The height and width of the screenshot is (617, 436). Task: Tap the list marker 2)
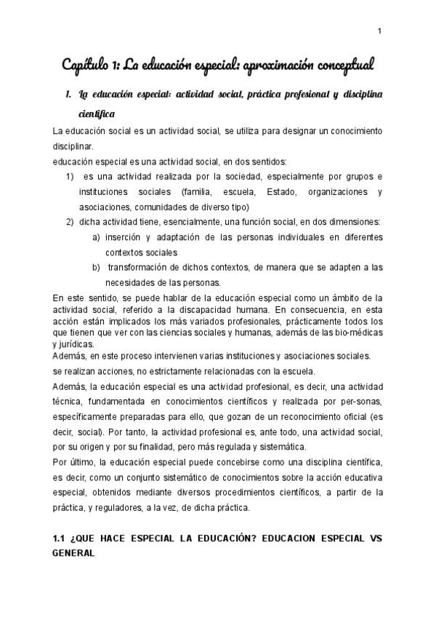click(x=70, y=222)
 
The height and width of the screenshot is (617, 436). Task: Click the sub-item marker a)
click(x=97, y=238)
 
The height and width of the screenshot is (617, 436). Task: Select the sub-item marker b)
click(x=97, y=268)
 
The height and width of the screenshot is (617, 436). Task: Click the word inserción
click(x=125, y=238)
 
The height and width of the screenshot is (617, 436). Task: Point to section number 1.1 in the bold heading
click(x=60, y=541)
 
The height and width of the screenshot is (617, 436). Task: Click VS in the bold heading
click(x=372, y=541)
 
